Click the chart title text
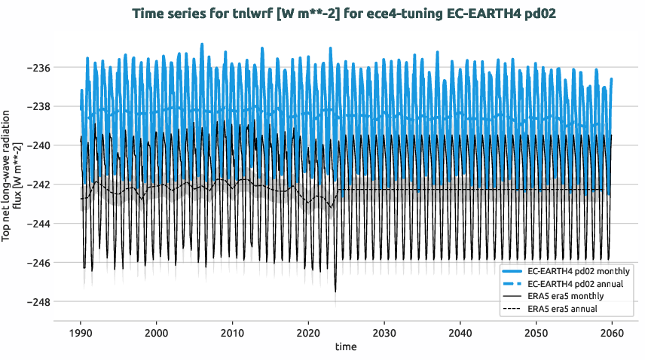[x=344, y=14]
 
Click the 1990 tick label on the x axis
[x=81, y=333]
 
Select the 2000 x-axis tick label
[x=157, y=333]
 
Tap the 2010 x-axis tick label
[x=233, y=333]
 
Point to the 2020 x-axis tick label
[x=308, y=333]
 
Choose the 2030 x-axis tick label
[x=384, y=333]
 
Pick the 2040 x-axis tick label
[x=460, y=333]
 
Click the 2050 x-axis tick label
[x=536, y=333]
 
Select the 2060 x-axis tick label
[x=612, y=333]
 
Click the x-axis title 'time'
[x=346, y=347]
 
